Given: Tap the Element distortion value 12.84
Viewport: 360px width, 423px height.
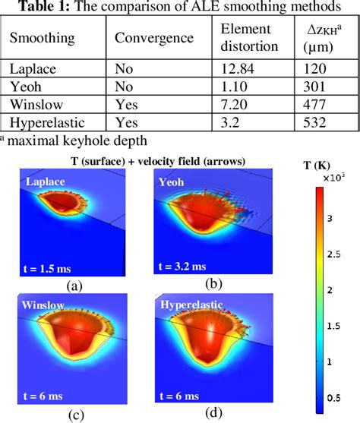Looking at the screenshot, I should (x=238, y=68).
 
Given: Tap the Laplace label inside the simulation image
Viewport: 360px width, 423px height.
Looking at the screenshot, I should (x=46, y=182).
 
